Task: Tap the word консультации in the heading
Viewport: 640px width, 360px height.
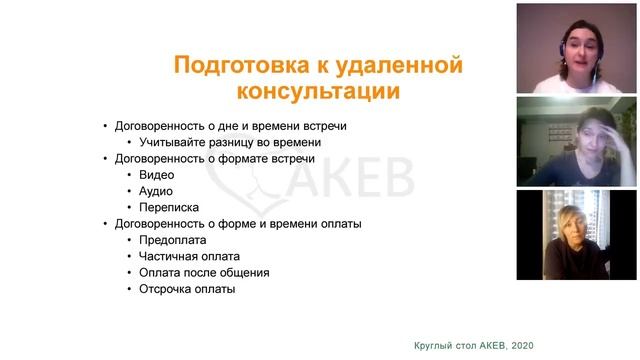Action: [318, 93]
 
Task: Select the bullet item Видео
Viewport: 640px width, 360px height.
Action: [156, 174]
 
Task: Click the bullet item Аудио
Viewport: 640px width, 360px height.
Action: [156, 190]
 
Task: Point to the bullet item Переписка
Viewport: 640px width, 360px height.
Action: [168, 207]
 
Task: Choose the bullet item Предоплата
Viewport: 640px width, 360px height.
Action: [173, 240]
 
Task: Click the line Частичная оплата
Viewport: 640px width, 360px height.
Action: [189, 256]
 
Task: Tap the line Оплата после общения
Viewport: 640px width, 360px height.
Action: [204, 272]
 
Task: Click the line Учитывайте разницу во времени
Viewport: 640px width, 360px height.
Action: [222, 142]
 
